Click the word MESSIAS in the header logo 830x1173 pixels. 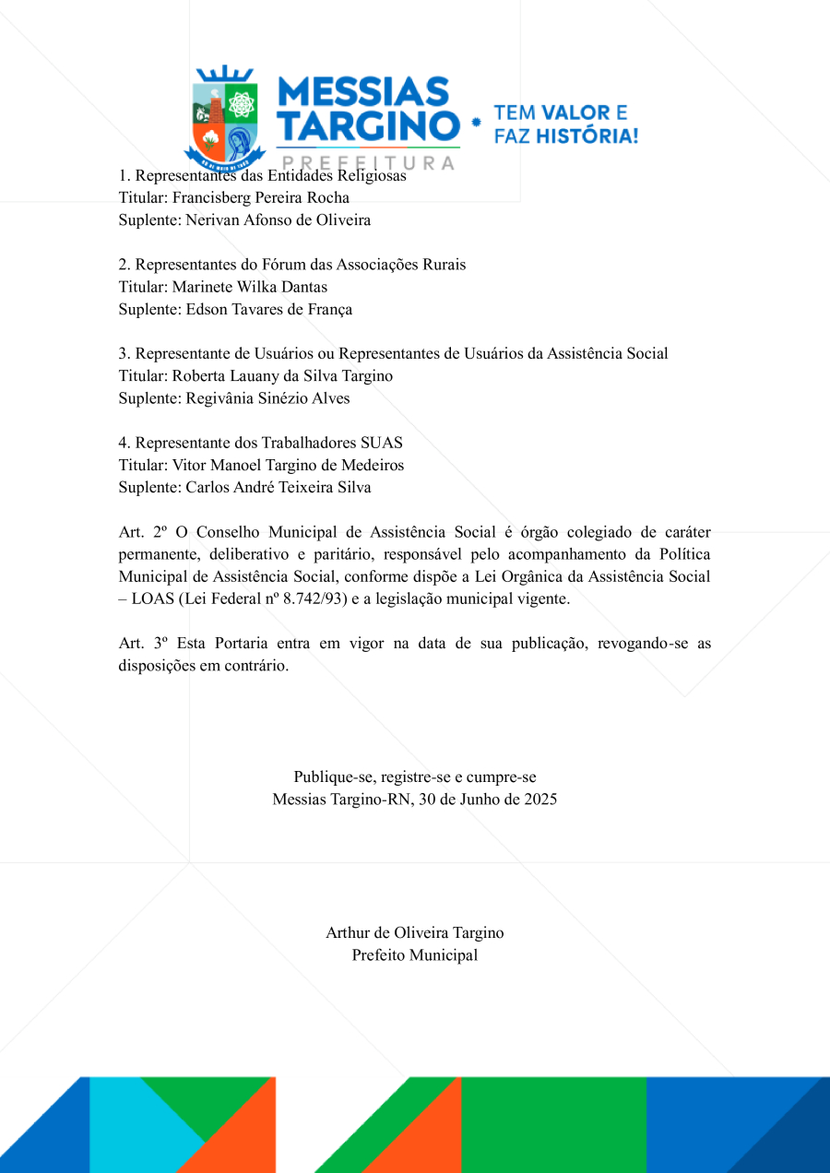coord(362,93)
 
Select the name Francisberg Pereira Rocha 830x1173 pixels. coord(261,197)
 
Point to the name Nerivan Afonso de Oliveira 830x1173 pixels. coord(278,219)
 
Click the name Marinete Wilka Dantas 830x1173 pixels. coord(250,287)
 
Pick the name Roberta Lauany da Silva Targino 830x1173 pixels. coord(282,376)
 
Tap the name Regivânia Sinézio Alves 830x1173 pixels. coord(267,398)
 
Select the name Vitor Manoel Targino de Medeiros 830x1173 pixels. coord(288,465)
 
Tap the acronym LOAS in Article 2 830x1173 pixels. coord(154,598)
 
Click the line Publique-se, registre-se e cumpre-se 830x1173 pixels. coord(415,776)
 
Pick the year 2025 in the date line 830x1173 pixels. coord(539,799)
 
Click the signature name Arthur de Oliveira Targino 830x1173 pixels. coord(415,932)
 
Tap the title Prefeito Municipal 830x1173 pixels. coord(415,954)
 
